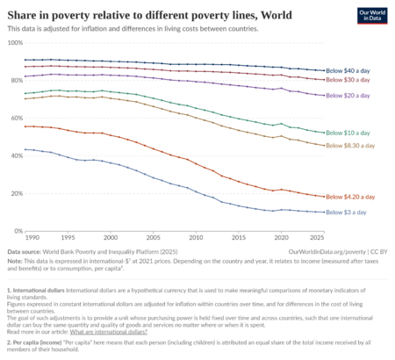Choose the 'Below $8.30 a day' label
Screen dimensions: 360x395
(x=355, y=145)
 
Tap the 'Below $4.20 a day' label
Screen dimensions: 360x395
(x=355, y=197)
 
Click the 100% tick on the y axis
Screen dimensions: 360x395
(x=15, y=42)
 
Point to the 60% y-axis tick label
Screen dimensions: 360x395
(x=16, y=118)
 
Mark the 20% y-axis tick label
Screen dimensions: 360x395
(x=16, y=193)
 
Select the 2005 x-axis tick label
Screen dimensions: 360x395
(x=154, y=238)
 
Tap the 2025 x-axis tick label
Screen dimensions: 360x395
(x=318, y=238)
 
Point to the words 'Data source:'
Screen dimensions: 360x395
(x=27, y=251)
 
